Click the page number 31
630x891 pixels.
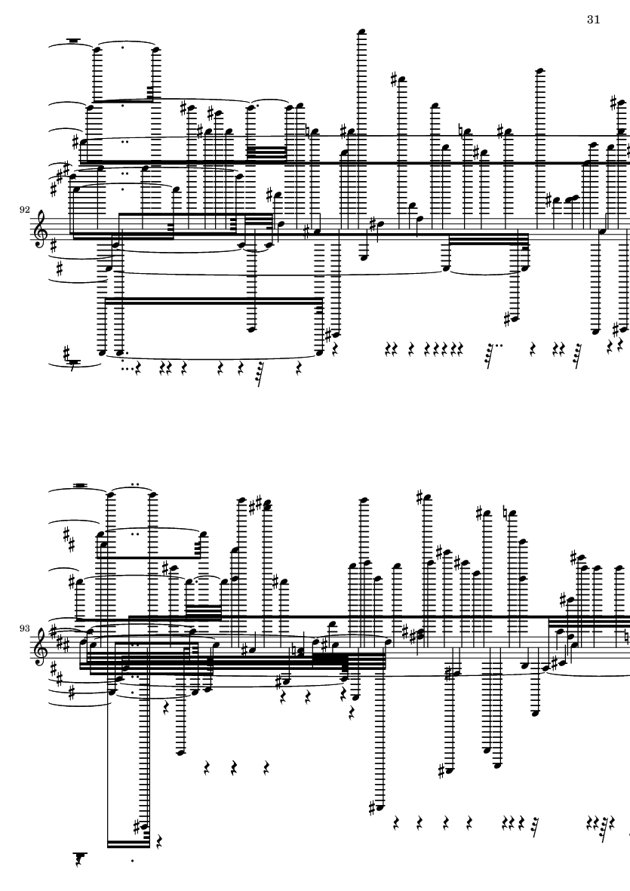[593, 20]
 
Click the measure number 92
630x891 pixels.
[24, 210]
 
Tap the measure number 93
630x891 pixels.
[24, 628]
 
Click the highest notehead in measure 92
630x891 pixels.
[362, 32]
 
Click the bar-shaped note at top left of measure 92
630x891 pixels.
[73, 40]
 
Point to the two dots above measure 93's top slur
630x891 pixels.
[134, 485]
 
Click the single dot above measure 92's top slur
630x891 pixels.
[123, 40]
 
